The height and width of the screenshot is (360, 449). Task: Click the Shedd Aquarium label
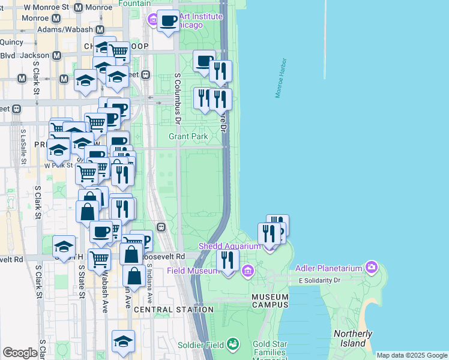pos(230,247)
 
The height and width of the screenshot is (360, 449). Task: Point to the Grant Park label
pos(188,137)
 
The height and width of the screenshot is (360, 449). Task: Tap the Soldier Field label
pos(200,345)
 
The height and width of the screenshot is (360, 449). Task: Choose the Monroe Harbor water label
pos(281,78)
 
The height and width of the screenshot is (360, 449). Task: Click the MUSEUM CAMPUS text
pos(270,301)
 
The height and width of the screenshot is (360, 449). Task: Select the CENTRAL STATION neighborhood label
pos(173,310)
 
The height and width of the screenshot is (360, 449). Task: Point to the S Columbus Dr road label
pos(178,99)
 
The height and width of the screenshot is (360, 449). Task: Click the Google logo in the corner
pos(20,353)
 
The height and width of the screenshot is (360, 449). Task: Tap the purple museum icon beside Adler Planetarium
pos(372,266)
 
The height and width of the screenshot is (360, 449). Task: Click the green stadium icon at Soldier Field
pos(232,344)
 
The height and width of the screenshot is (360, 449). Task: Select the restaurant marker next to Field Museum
pos(227,260)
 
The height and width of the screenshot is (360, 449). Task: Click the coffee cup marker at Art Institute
pos(168,21)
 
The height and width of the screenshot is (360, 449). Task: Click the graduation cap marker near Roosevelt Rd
pos(64,247)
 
